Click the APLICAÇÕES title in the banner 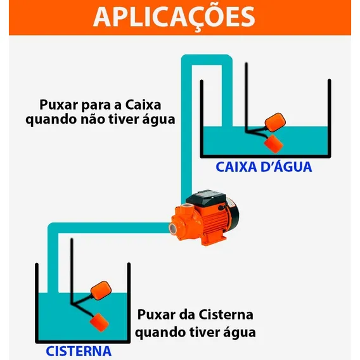click(x=174, y=17)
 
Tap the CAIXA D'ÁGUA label click(x=264, y=167)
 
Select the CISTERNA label click(x=79, y=351)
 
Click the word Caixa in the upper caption click(x=143, y=105)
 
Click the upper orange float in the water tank click(x=275, y=122)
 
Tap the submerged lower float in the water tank click(x=273, y=144)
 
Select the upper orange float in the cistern click(x=101, y=290)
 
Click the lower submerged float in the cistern click(x=99, y=322)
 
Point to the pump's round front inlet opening click(x=173, y=228)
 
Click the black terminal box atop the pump click(x=206, y=198)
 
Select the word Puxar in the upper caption click(x=59, y=105)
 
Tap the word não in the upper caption click(x=93, y=119)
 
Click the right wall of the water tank click(x=330, y=119)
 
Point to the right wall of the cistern click(x=129, y=303)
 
